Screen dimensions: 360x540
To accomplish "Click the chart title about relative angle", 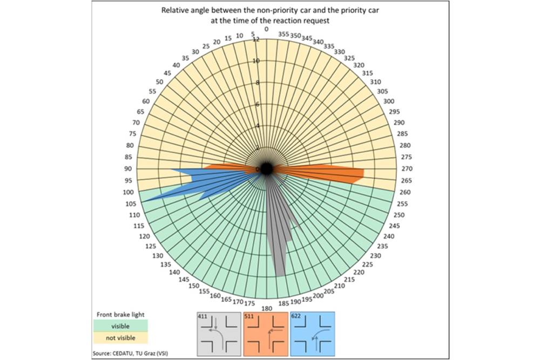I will click(270, 16).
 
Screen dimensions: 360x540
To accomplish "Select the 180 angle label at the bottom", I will click(266, 309).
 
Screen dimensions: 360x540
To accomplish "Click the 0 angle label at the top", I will click(266, 29).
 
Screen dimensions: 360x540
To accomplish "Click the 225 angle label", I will click(369, 264).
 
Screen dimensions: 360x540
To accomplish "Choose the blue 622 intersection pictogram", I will click(313, 333).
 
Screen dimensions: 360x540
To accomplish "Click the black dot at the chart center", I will click(266, 168).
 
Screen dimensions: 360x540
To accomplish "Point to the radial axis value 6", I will click(258, 104).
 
